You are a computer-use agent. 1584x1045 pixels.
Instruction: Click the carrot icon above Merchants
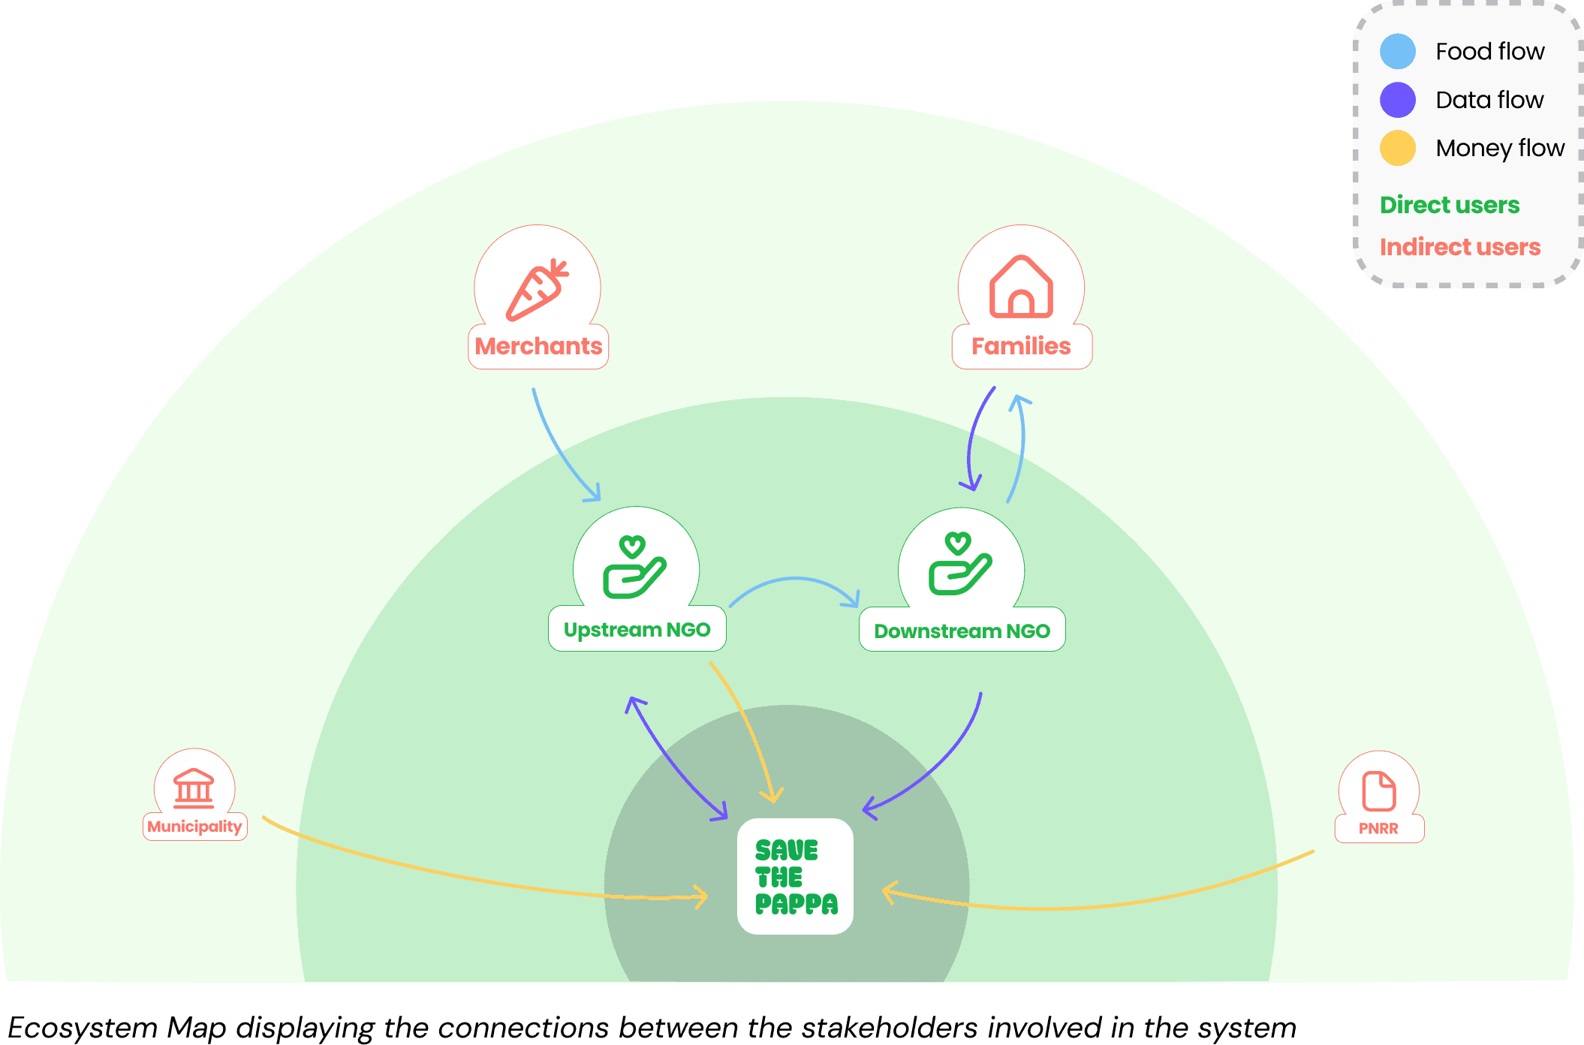(537, 290)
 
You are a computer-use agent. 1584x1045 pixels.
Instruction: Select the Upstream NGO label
(637, 630)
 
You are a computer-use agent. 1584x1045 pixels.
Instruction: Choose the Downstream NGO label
(962, 631)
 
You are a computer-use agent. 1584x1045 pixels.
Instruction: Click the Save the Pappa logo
(796, 876)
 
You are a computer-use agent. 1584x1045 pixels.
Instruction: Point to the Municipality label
(194, 827)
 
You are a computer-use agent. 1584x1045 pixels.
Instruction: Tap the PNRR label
(1378, 829)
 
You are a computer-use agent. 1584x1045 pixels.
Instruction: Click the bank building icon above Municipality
(194, 788)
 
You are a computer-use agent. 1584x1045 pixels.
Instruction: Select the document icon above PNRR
(1378, 791)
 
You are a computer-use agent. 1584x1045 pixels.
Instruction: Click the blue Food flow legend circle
(1397, 51)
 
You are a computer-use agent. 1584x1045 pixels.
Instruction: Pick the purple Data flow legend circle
(1397, 100)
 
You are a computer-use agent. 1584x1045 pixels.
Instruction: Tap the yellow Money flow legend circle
(1397, 148)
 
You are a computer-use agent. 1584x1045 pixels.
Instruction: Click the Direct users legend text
(1449, 205)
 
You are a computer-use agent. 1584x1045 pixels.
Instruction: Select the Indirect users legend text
(1459, 247)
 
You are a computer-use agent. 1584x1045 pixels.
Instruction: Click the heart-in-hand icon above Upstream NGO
(634, 567)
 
